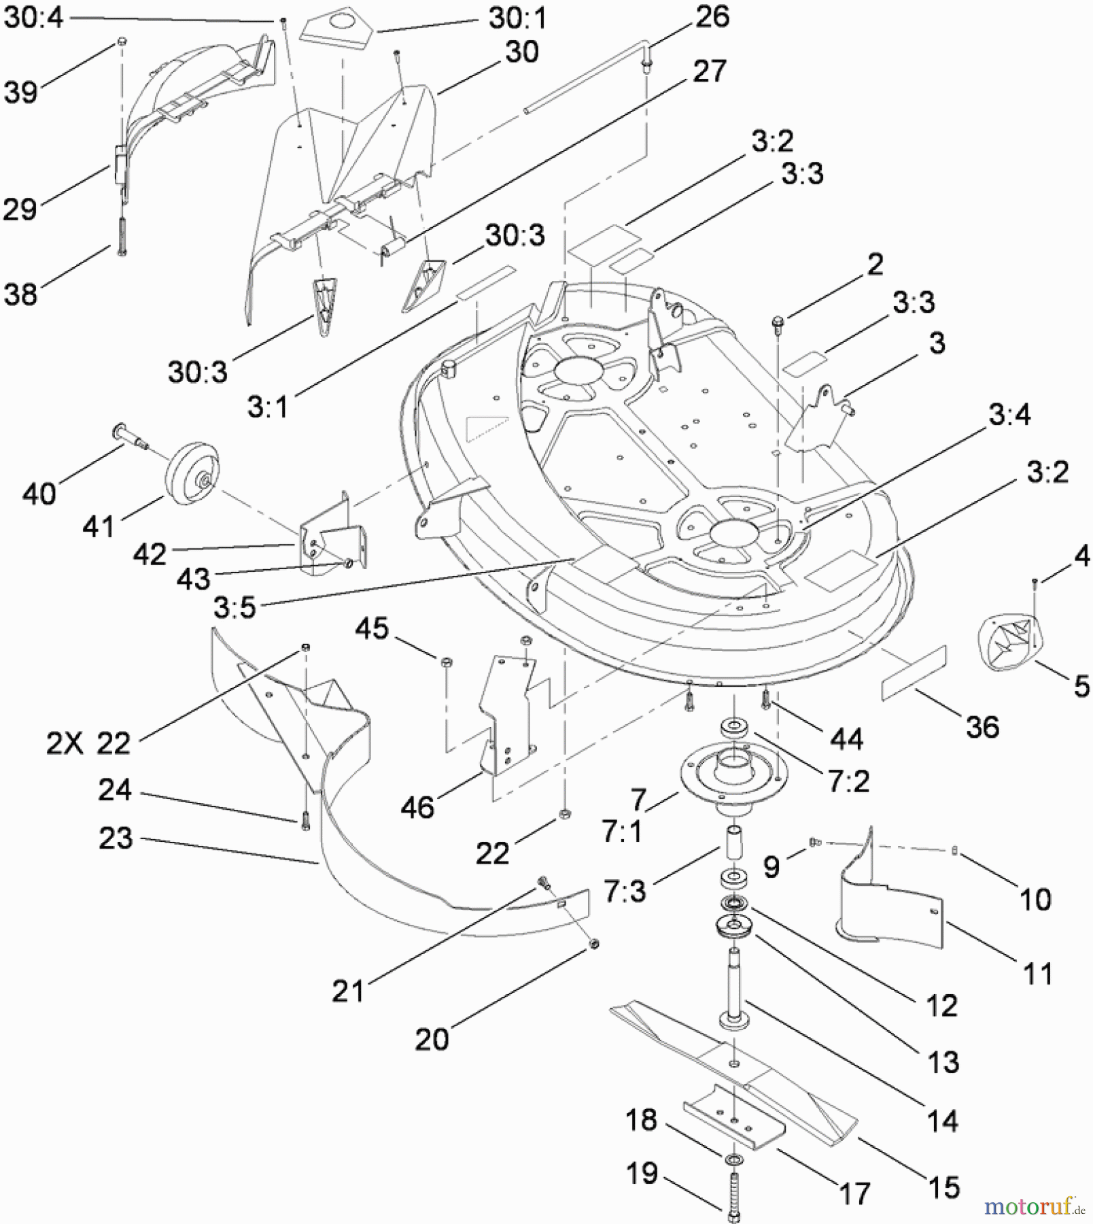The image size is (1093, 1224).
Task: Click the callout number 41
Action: coord(98,526)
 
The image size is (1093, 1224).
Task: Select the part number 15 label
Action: coord(943,1187)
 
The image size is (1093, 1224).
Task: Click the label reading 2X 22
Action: coord(88,743)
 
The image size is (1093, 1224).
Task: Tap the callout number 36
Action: coord(982,727)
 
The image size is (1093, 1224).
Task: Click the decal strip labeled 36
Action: coord(914,673)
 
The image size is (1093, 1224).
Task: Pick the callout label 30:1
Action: coord(517,19)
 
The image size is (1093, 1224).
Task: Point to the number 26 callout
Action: coord(712,16)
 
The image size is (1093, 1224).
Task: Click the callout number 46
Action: coord(417,807)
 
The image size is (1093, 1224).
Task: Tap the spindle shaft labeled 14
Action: coord(734,986)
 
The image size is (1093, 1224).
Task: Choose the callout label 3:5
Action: coord(235,607)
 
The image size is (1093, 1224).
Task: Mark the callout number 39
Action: coord(20,92)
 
